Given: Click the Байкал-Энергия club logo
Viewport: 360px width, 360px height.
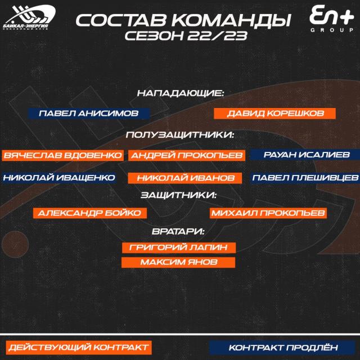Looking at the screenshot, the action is pyautogui.click(x=29, y=17).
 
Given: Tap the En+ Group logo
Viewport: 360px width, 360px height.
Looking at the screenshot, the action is pyautogui.click(x=331, y=19).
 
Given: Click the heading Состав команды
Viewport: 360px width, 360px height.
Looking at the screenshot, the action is pyautogui.click(x=183, y=20).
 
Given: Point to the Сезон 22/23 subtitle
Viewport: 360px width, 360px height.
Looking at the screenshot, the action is pyautogui.click(x=186, y=36).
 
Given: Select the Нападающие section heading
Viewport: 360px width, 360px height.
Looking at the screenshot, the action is pyautogui.click(x=181, y=93).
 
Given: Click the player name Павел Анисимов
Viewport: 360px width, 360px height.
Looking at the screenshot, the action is pyautogui.click(x=89, y=114).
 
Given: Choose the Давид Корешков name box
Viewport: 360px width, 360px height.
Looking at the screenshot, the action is pyautogui.click(x=274, y=114).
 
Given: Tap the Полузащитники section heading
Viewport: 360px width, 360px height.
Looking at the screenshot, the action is pyautogui.click(x=180, y=135).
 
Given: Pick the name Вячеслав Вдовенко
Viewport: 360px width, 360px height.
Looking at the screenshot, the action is pyautogui.click(x=62, y=155).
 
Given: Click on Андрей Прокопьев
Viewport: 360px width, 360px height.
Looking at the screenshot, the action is pyautogui.click(x=187, y=155).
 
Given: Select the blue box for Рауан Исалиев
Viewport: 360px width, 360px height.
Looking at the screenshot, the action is pyautogui.click(x=305, y=155).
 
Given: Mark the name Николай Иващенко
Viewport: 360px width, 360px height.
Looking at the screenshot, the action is pyautogui.click(x=58, y=178).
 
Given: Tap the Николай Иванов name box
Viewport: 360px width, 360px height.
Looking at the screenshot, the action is pyautogui.click(x=185, y=178).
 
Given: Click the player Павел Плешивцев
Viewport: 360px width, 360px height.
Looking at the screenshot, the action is pyautogui.click(x=305, y=178).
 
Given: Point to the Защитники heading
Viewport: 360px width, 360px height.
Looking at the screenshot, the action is pyautogui.click(x=179, y=195).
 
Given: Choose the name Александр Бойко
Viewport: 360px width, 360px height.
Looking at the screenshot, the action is pyautogui.click(x=90, y=213).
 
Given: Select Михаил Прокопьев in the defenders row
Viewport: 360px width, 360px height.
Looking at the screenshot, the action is pyautogui.click(x=268, y=213).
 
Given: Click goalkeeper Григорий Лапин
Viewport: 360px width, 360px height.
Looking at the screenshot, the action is pyautogui.click(x=179, y=247).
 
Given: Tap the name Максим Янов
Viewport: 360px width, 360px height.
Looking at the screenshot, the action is pyautogui.click(x=178, y=262).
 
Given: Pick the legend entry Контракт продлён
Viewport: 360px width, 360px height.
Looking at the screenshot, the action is pyautogui.click(x=282, y=348).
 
